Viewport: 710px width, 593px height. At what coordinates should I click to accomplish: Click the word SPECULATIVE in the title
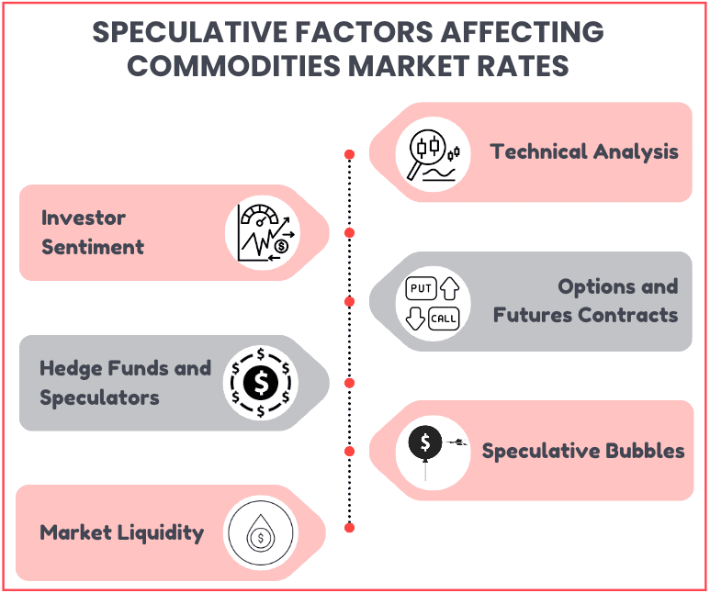pyautogui.click(x=190, y=32)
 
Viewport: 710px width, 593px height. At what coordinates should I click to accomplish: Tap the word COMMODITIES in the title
pyautogui.click(x=233, y=66)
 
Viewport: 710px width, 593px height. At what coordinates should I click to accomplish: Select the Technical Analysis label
pyautogui.click(x=584, y=151)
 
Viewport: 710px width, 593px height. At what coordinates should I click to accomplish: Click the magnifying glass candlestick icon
pyautogui.click(x=434, y=155)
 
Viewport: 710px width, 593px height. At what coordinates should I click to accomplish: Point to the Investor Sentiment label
pyautogui.click(x=93, y=232)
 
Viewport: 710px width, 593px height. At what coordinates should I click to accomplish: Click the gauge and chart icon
pyautogui.click(x=265, y=232)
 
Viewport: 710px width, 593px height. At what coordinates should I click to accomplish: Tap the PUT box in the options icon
pyautogui.click(x=421, y=288)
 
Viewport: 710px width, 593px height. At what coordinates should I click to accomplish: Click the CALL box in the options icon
pyautogui.click(x=444, y=319)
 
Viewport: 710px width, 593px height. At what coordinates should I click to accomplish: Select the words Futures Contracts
pyautogui.click(x=585, y=315)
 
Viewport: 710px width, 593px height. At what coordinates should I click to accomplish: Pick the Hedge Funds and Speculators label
pyautogui.click(x=126, y=383)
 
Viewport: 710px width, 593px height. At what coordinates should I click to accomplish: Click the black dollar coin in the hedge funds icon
pyautogui.click(x=261, y=383)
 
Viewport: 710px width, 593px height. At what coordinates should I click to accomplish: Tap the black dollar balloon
pyautogui.click(x=425, y=443)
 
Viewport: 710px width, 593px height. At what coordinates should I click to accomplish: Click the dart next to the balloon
pyautogui.click(x=456, y=442)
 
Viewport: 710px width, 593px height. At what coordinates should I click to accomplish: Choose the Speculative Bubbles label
pyautogui.click(x=583, y=451)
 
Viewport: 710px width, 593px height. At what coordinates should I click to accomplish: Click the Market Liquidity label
pyautogui.click(x=122, y=532)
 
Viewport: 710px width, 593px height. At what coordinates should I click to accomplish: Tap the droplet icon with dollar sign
pyautogui.click(x=260, y=532)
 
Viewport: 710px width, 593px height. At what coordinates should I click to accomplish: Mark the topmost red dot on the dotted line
pyautogui.click(x=349, y=154)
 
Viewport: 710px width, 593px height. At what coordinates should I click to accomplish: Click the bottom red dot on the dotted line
pyautogui.click(x=349, y=527)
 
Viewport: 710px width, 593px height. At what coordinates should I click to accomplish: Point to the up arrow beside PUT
pyautogui.click(x=450, y=288)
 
